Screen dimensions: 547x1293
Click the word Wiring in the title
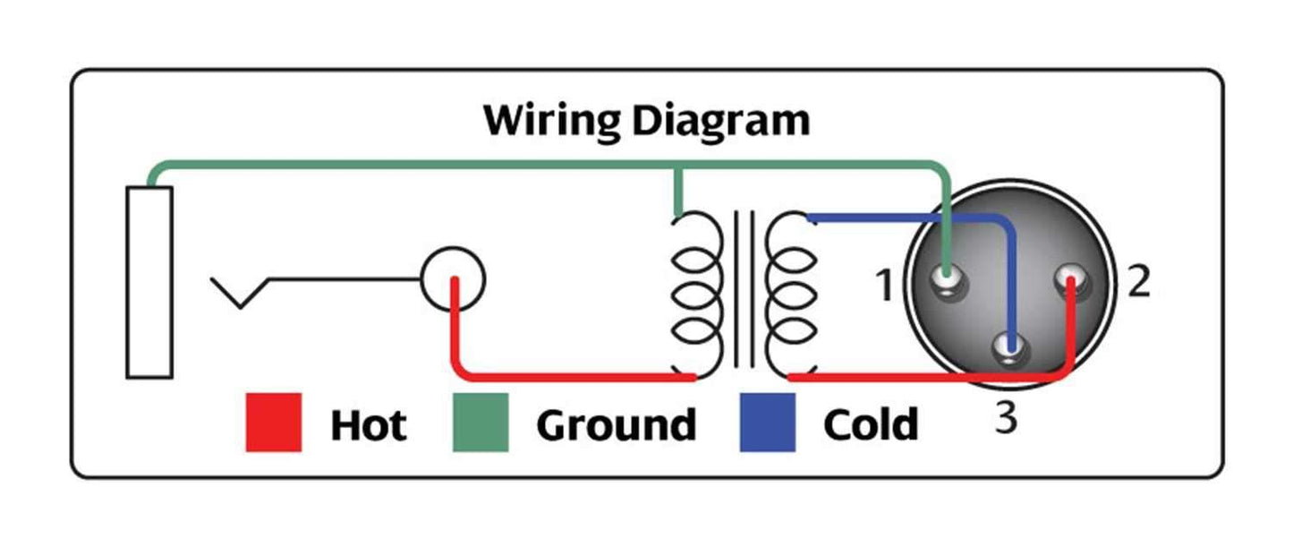[x=547, y=120]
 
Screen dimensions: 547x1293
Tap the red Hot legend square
[x=273, y=423]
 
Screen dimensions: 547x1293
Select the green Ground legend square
[x=481, y=423]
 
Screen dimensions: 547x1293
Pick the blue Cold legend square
[x=767, y=423]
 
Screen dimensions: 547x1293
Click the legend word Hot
[x=368, y=425]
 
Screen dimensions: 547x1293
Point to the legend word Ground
[x=616, y=425]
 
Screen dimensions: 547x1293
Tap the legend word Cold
[x=870, y=425]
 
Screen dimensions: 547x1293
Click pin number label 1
[x=884, y=287]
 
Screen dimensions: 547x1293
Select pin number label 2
[x=1137, y=283]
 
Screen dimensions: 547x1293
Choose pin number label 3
[x=1007, y=418]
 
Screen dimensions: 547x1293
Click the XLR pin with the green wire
[x=948, y=283]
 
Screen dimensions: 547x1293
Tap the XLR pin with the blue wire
[x=1012, y=348]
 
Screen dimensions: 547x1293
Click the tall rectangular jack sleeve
[x=149, y=282]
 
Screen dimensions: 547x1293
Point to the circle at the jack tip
[x=453, y=278]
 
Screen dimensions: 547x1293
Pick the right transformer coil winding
[x=793, y=295]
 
